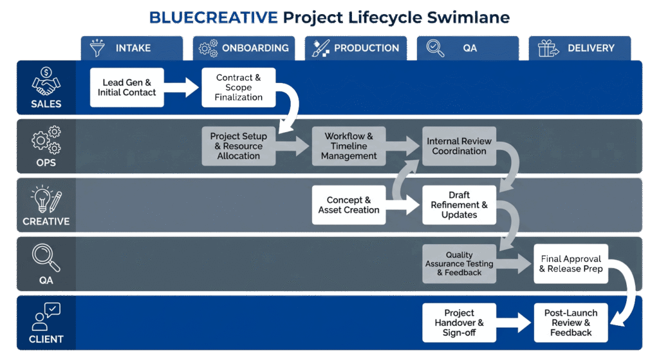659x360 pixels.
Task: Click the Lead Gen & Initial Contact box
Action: (127, 88)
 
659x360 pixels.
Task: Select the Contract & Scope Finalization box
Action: (239, 88)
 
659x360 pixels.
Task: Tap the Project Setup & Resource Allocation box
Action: (239, 146)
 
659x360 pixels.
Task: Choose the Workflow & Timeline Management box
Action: (349, 146)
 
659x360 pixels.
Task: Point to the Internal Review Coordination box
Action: (459, 146)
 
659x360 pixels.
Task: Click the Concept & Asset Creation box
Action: (349, 205)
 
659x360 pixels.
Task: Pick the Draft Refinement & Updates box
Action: (459, 205)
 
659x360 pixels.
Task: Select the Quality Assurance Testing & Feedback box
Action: (459, 263)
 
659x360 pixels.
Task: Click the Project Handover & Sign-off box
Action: (459, 323)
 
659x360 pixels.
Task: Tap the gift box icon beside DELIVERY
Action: (549, 48)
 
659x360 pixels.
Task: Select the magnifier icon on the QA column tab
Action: (435, 48)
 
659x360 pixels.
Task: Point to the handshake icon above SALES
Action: (46, 81)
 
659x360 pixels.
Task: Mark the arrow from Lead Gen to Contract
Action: (183, 88)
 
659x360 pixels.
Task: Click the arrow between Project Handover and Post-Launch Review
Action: (515, 323)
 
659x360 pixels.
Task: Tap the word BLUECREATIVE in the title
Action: (214, 17)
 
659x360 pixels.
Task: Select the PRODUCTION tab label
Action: (366, 48)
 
